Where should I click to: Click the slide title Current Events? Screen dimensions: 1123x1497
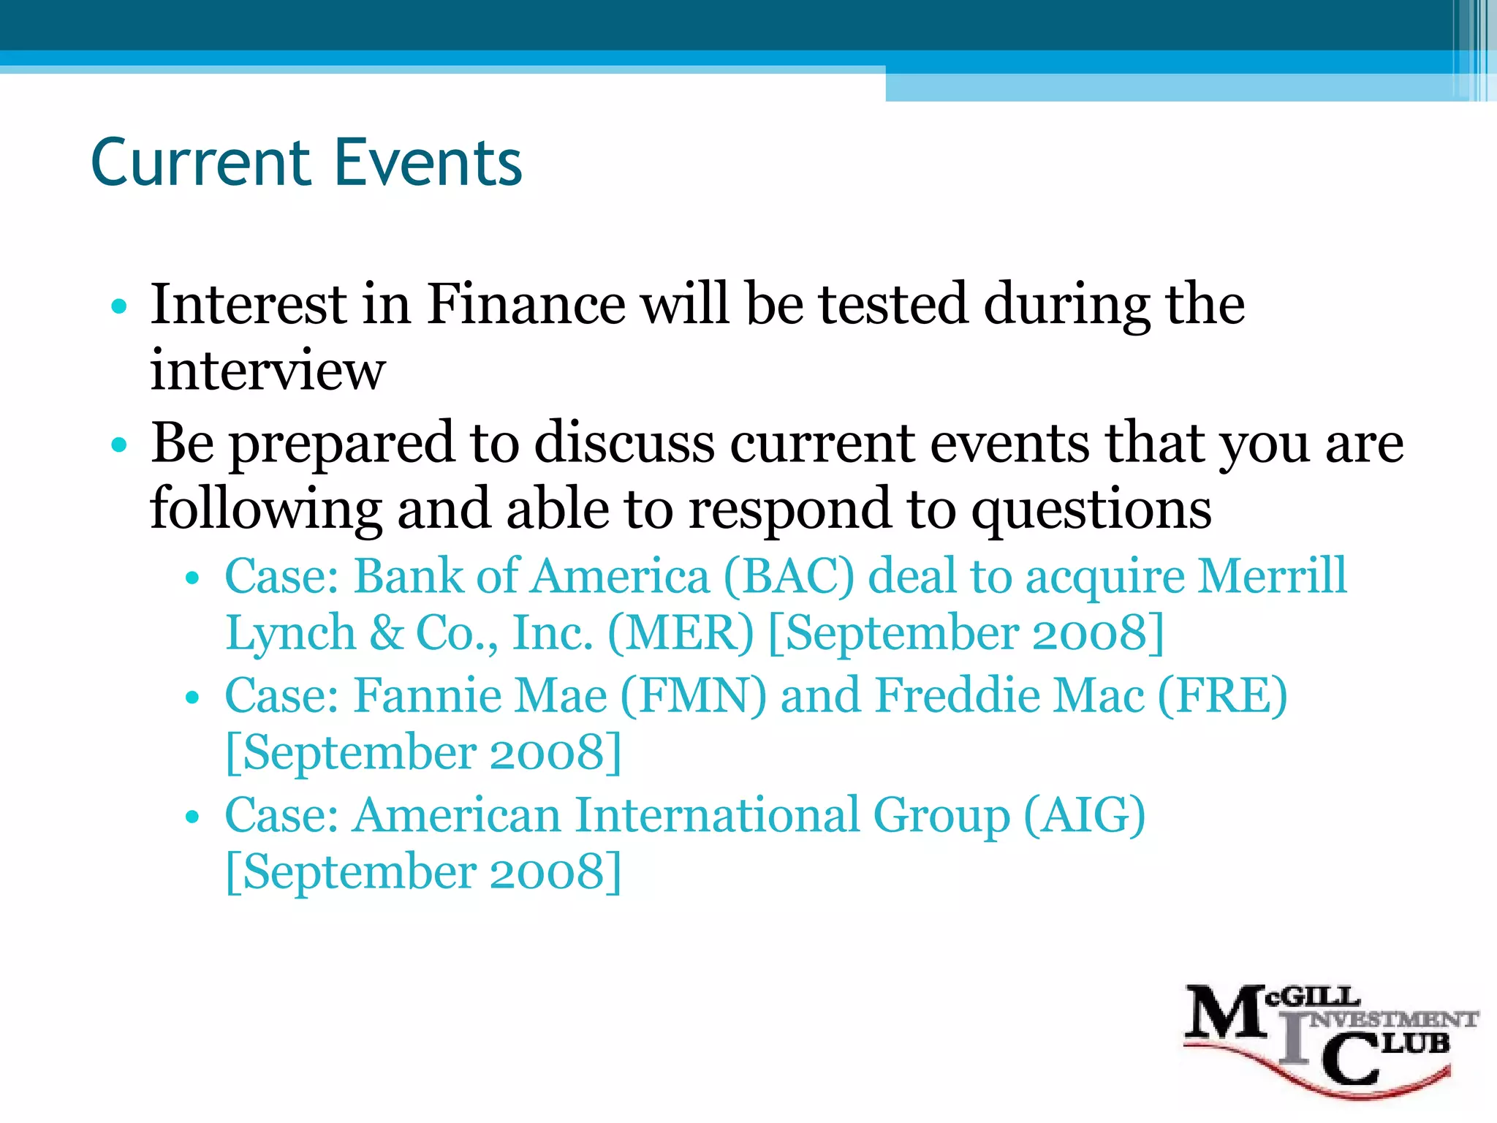click(x=306, y=162)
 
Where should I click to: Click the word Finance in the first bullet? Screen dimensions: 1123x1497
click(x=526, y=304)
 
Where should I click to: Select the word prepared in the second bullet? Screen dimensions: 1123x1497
click(x=342, y=444)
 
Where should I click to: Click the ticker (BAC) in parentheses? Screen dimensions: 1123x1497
click(x=788, y=576)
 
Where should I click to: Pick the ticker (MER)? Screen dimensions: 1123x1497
click(x=680, y=633)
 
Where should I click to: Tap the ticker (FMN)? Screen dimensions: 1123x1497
click(x=693, y=695)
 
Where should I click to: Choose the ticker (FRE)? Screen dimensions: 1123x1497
click(x=1222, y=695)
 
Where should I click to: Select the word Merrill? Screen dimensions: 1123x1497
click(x=1273, y=575)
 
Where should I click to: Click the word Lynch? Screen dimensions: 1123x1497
click(x=290, y=633)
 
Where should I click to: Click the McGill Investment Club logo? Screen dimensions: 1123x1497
click(x=1327, y=1038)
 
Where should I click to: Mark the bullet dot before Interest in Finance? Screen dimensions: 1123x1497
click(x=120, y=306)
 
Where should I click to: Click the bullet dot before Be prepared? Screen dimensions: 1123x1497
click(x=120, y=445)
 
